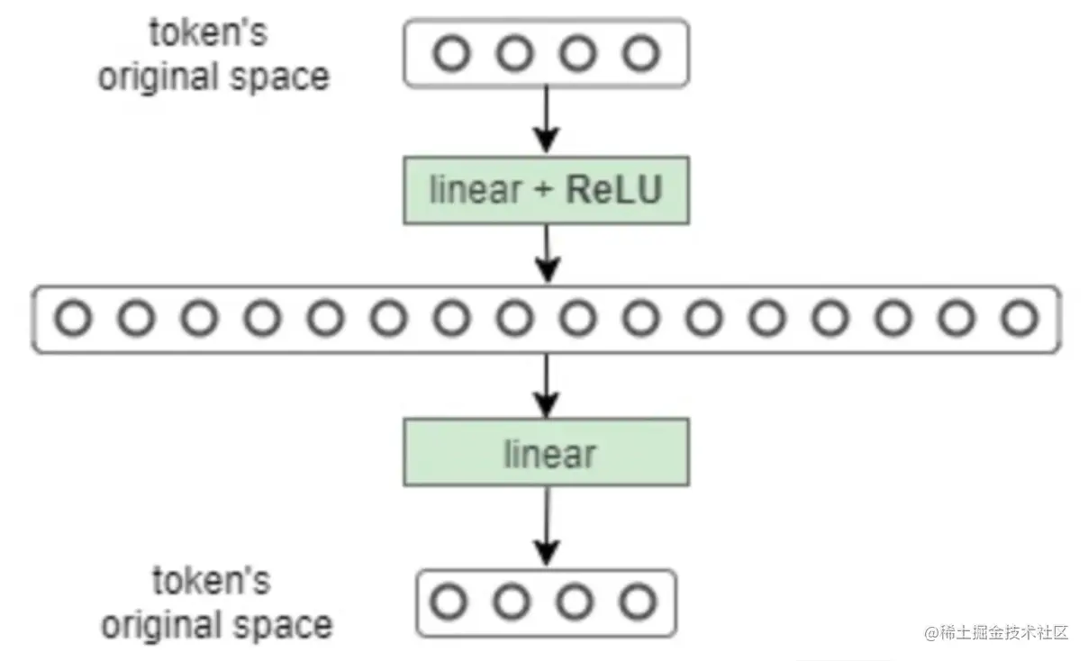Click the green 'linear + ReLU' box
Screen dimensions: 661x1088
tap(546, 191)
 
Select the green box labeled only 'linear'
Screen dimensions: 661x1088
tap(546, 452)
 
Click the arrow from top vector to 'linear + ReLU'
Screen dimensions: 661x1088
tap(546, 121)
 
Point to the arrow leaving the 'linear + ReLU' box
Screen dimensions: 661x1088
tap(546, 254)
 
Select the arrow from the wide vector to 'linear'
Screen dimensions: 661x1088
tap(546, 385)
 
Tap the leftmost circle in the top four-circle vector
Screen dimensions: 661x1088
tap(451, 55)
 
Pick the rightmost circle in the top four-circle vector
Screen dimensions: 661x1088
tap(641, 55)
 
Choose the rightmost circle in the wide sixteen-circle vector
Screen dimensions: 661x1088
tap(1020, 318)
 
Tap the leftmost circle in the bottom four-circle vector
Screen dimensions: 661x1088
tap(448, 602)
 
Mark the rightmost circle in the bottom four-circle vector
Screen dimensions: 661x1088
tap(638, 602)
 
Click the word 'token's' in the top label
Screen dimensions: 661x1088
tap(209, 34)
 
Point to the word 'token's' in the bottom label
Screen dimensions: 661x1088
tap(211, 581)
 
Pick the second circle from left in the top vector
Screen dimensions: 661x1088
tap(514, 55)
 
